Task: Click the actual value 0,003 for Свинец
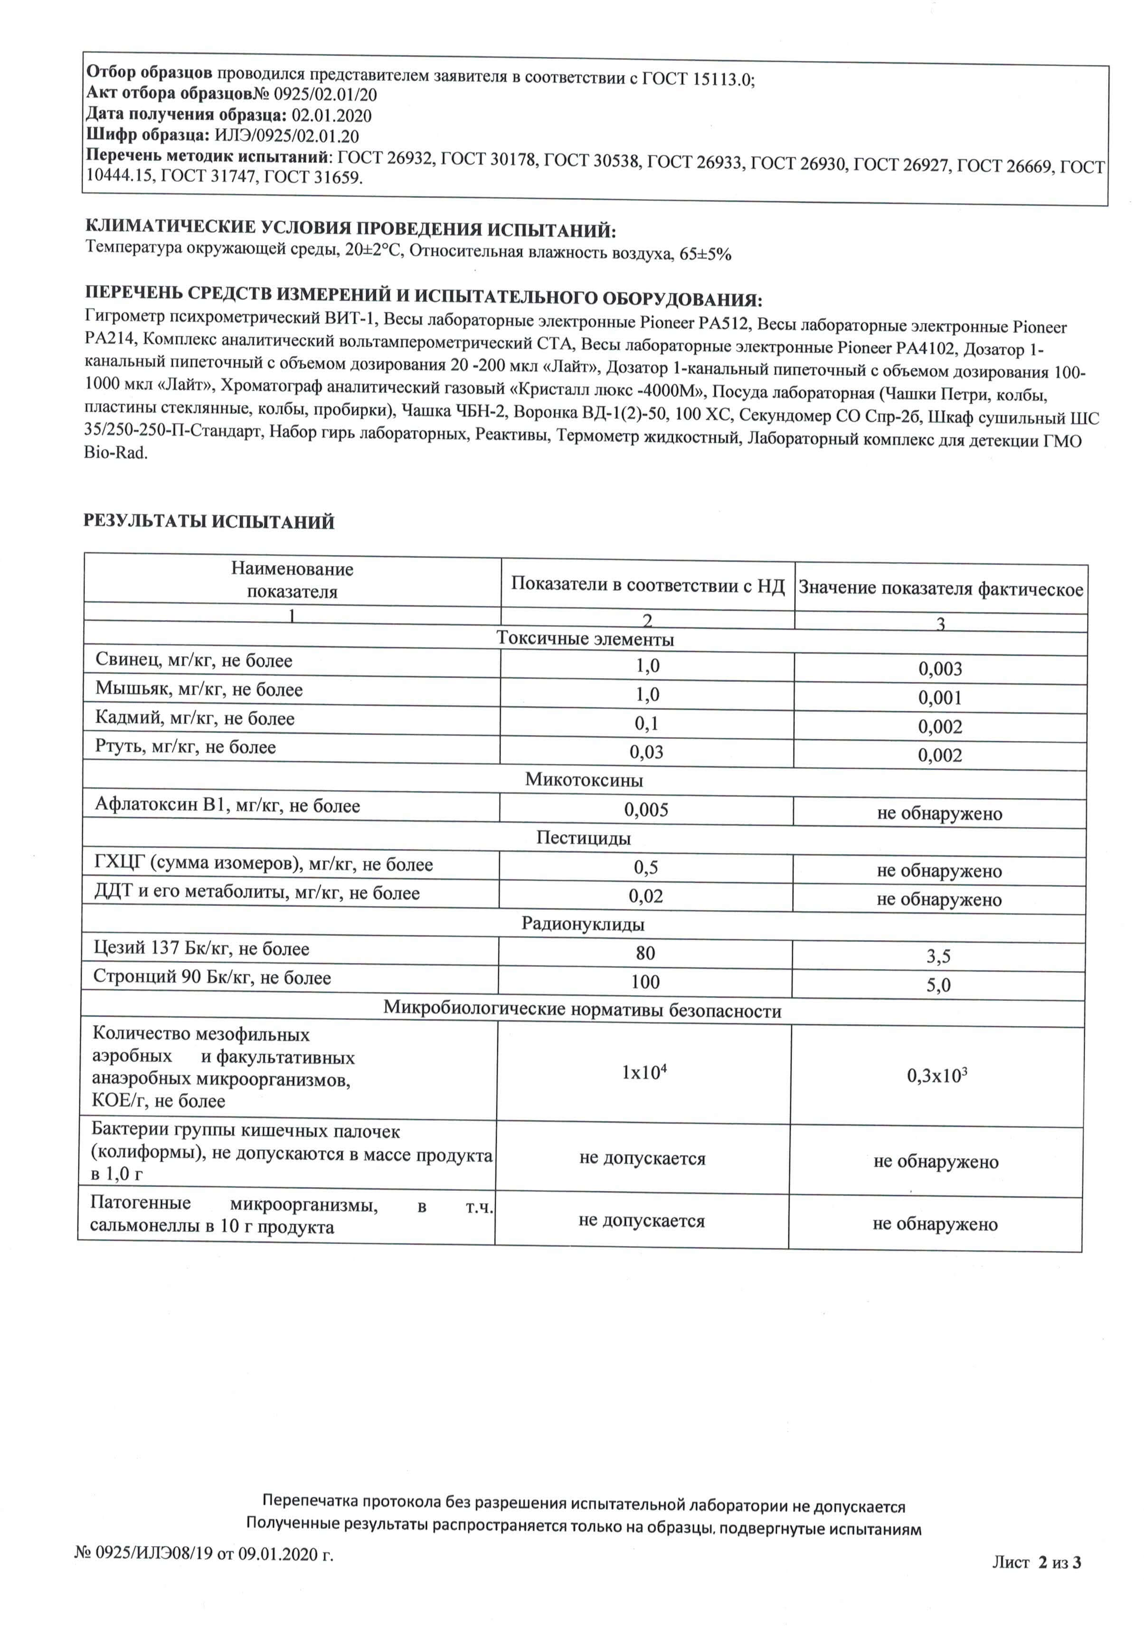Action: (940, 669)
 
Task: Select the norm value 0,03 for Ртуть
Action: (646, 752)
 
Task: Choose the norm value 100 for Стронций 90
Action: (645, 982)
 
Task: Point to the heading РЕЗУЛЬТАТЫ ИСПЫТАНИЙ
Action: (209, 522)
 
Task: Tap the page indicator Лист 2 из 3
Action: (1037, 1582)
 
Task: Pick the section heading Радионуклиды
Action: (583, 924)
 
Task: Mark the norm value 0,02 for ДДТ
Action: (645, 896)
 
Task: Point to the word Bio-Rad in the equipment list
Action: (116, 453)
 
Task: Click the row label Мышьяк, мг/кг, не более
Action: (199, 689)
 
